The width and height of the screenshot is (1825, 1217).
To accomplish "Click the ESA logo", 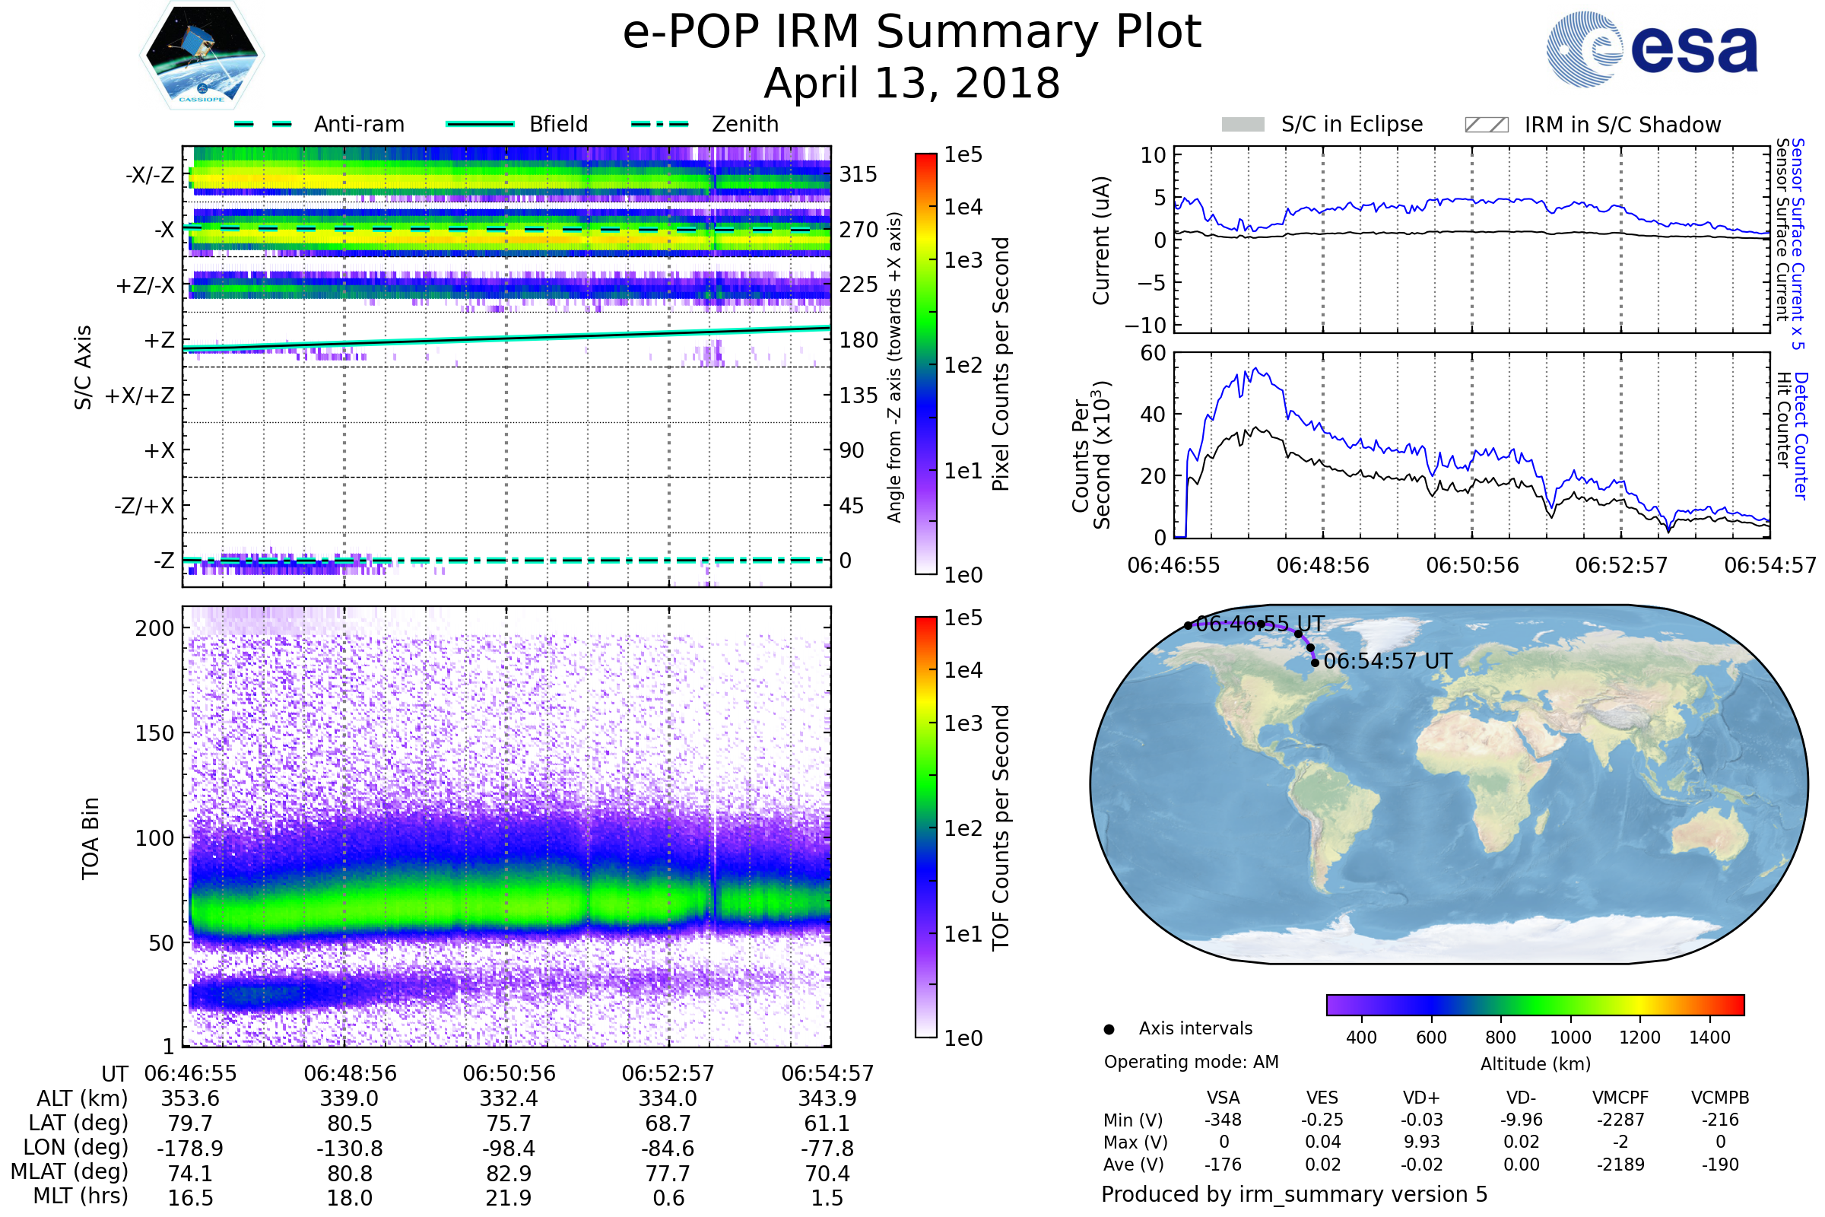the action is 1652,49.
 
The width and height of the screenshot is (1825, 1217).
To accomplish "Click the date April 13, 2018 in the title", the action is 912,83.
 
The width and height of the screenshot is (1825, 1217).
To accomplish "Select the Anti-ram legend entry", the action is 319,124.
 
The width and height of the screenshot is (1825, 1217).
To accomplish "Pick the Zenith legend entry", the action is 705,124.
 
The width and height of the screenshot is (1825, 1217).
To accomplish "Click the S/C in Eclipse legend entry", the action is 1322,124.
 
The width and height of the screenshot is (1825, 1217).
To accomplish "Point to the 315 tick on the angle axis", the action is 859,174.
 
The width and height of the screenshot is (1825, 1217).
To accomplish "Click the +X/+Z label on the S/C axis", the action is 140,396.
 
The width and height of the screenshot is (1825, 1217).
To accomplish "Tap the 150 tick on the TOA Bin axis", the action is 155,733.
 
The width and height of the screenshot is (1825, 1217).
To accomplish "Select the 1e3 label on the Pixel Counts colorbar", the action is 963,260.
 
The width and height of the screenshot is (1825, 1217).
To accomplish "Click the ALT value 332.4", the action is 509,1099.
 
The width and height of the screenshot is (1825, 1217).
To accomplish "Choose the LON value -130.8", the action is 350,1149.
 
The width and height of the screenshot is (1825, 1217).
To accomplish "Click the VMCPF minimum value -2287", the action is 1620,1120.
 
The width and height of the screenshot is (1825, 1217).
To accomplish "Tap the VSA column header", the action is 1223,1098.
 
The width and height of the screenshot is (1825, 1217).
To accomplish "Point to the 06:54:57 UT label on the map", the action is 1387,661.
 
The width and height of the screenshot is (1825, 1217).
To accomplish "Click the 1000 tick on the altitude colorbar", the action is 1570,1037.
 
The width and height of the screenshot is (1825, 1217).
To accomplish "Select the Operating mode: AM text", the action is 1191,1062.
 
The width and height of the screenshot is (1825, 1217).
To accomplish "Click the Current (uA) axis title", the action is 1102,240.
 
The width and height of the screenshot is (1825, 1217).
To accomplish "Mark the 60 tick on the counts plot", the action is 1153,353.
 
